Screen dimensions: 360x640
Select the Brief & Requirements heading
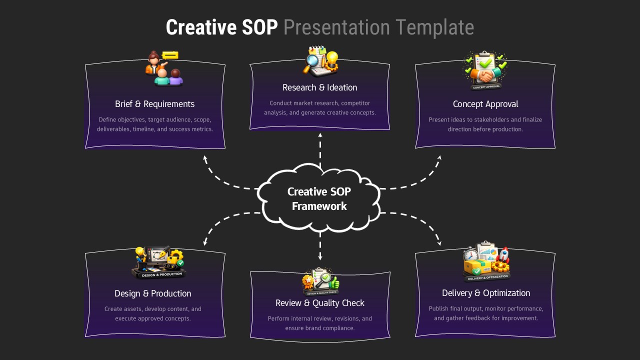[154, 104]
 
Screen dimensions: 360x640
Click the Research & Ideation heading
[319, 87]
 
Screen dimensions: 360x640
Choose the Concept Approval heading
[485, 104]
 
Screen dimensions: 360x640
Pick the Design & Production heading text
[152, 293]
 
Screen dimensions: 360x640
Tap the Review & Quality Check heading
[319, 303]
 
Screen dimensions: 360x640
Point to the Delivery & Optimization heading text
[485, 293]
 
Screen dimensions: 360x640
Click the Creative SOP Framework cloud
[319, 199]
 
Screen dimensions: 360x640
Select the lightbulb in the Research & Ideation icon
[331, 58]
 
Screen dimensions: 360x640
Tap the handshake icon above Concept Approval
[485, 75]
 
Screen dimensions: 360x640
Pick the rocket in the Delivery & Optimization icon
[503, 254]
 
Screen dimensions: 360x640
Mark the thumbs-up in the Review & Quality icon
[332, 282]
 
